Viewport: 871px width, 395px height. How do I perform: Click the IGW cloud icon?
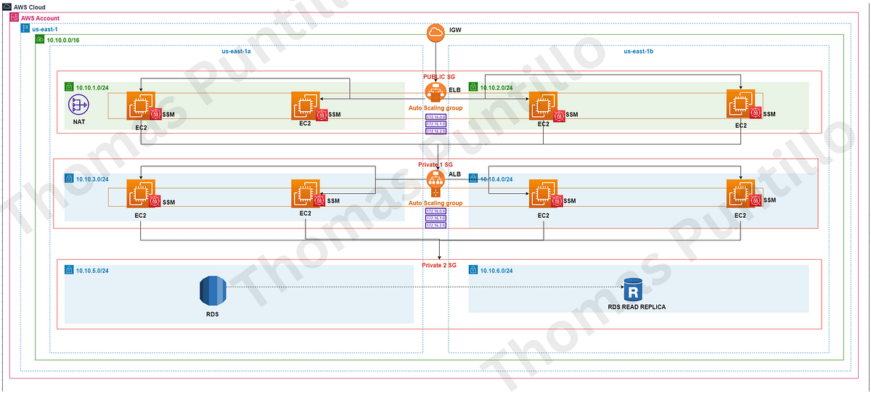point(435,33)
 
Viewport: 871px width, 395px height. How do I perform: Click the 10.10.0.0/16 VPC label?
point(63,39)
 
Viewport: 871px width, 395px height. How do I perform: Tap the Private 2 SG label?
point(439,265)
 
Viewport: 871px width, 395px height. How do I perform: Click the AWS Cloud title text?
point(29,6)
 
